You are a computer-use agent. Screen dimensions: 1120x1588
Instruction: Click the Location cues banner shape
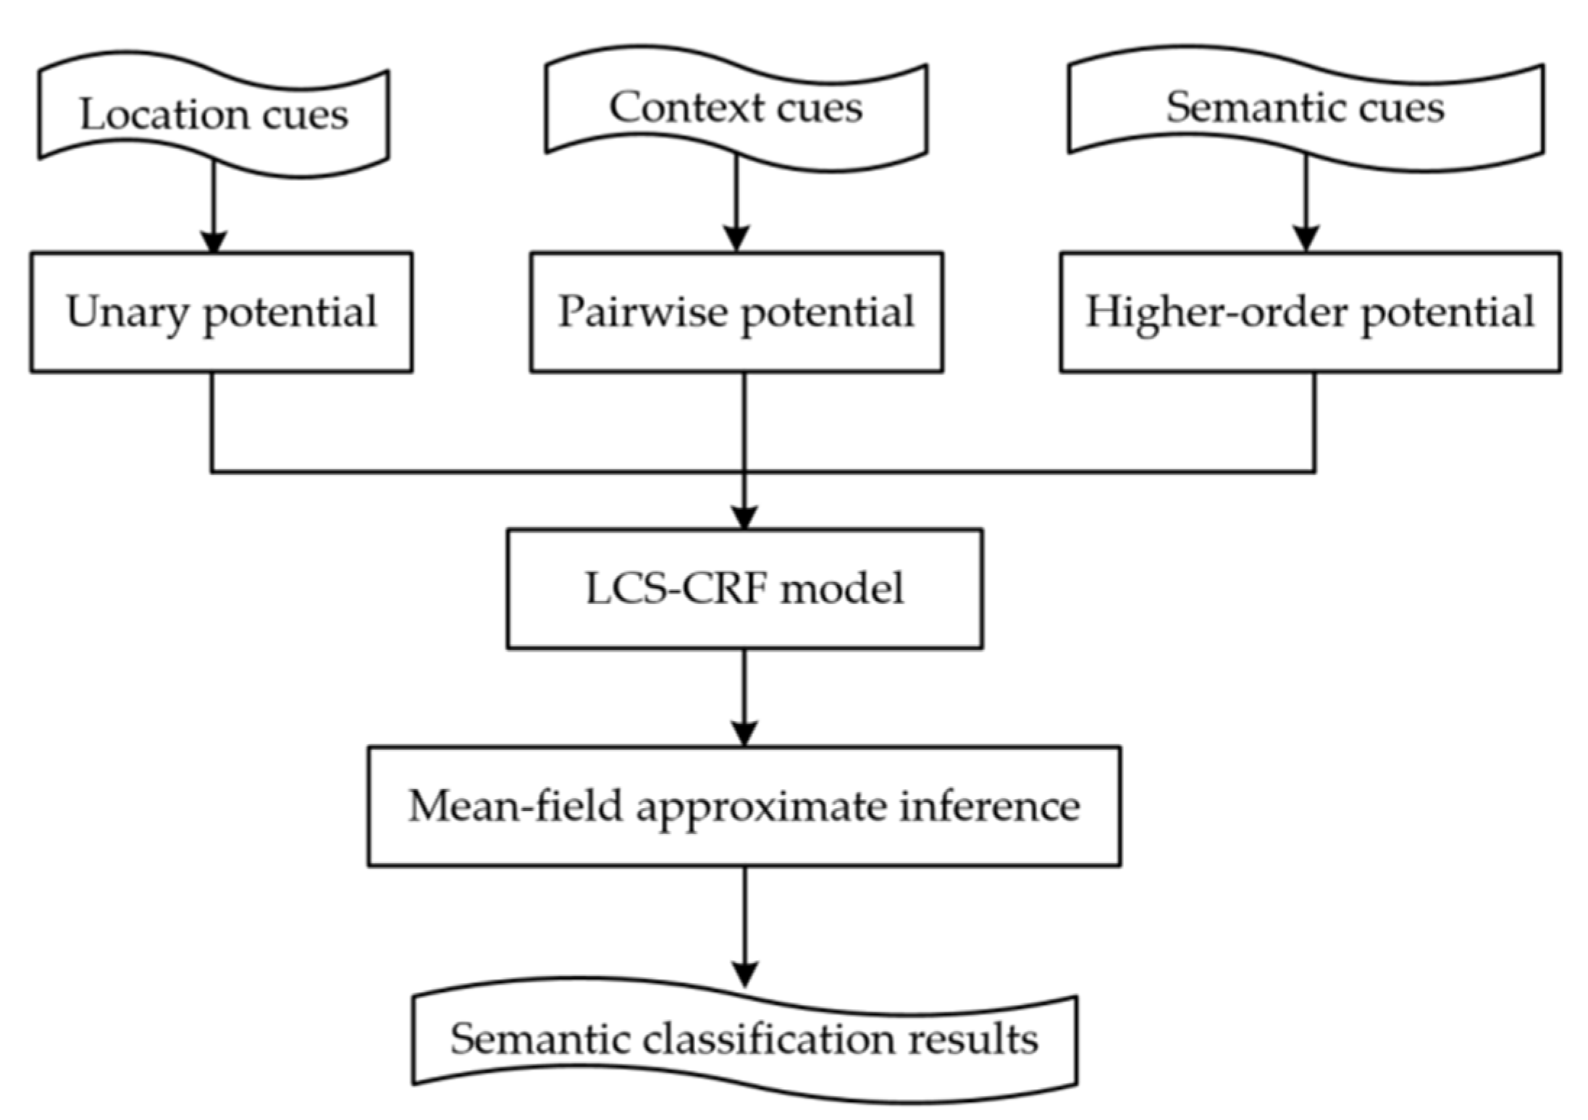[x=214, y=114]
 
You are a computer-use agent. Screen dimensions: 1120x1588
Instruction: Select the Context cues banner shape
[x=736, y=108]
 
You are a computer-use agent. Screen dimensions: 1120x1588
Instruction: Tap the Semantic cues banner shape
[x=1305, y=108]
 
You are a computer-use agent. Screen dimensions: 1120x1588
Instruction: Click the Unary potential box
[x=221, y=312]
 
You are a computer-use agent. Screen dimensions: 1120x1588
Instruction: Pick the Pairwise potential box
[x=736, y=312]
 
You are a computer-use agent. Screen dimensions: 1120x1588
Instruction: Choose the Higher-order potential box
[x=1309, y=312]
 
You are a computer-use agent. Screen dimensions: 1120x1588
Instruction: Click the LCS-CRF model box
[x=744, y=589]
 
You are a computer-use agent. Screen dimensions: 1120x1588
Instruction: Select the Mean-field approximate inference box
[x=744, y=806]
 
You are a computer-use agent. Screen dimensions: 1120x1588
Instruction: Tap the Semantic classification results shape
[x=744, y=1039]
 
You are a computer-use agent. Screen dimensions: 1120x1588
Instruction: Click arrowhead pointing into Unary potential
[x=214, y=242]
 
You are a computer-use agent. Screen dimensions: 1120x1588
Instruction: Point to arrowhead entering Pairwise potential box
[x=736, y=239]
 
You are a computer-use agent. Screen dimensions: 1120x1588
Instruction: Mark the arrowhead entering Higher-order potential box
[x=1306, y=239]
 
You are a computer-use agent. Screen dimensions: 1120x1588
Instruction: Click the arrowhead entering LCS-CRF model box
[x=744, y=517]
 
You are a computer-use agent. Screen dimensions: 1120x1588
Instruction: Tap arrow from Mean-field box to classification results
[x=744, y=927]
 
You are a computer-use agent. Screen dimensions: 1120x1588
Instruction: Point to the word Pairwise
[x=642, y=312]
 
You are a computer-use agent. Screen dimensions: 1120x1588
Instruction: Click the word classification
[x=768, y=1039]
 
